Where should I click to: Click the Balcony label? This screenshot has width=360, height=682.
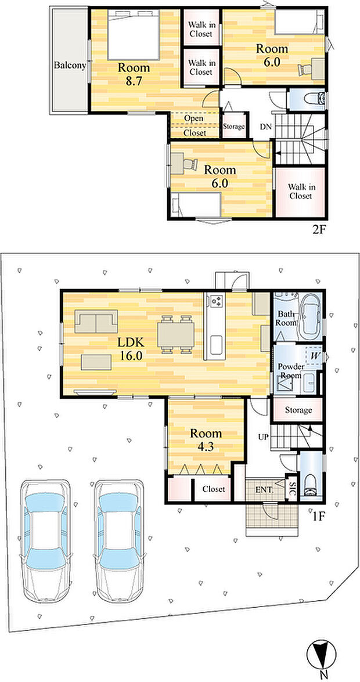[x=70, y=66]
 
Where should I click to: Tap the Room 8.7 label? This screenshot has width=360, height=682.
[x=134, y=74]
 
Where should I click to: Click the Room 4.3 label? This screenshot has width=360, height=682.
[x=206, y=439]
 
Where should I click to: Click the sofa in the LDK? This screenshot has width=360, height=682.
[x=96, y=322]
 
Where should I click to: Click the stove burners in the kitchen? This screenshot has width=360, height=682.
[x=217, y=300]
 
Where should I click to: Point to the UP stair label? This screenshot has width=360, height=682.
[x=264, y=436]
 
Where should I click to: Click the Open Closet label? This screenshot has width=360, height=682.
[x=194, y=126]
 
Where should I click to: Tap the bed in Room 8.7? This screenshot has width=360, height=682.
[x=134, y=35]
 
